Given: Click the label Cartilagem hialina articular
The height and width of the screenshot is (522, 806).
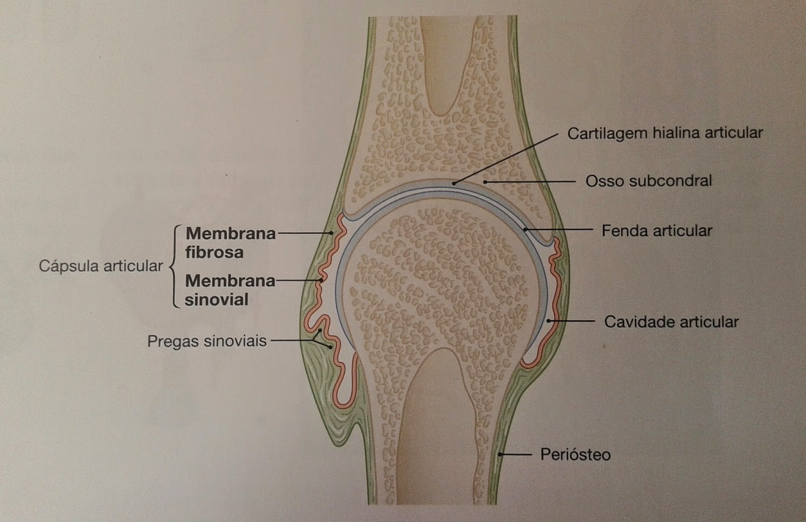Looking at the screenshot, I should (x=665, y=133).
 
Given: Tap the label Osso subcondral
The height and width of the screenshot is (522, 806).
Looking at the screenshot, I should (x=648, y=181).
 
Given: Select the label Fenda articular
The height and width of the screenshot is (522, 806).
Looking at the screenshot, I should (x=657, y=231).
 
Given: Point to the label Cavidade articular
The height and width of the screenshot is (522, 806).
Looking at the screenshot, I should (x=671, y=321).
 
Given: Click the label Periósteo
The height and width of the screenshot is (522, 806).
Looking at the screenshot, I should (x=575, y=454).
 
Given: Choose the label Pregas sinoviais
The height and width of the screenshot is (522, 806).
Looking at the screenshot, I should (x=207, y=341).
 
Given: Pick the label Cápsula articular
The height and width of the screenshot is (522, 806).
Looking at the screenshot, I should (x=101, y=266).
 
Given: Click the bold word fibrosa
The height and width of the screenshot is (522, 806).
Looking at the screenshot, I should (x=214, y=252).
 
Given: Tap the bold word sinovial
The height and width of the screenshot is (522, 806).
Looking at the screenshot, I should (x=216, y=300).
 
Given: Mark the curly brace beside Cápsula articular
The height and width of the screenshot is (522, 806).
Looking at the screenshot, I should (x=174, y=266).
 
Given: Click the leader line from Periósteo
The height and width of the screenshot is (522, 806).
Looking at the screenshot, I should (x=516, y=454).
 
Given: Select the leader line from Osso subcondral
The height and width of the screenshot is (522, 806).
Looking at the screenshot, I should (x=531, y=181).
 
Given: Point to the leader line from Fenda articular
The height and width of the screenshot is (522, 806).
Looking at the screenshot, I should (x=559, y=230).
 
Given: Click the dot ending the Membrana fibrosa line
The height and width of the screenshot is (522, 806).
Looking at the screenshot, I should (x=331, y=233).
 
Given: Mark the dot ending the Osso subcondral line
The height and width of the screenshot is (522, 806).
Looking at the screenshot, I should (x=485, y=181).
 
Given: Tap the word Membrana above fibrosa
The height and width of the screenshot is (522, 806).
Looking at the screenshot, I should (x=230, y=233).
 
